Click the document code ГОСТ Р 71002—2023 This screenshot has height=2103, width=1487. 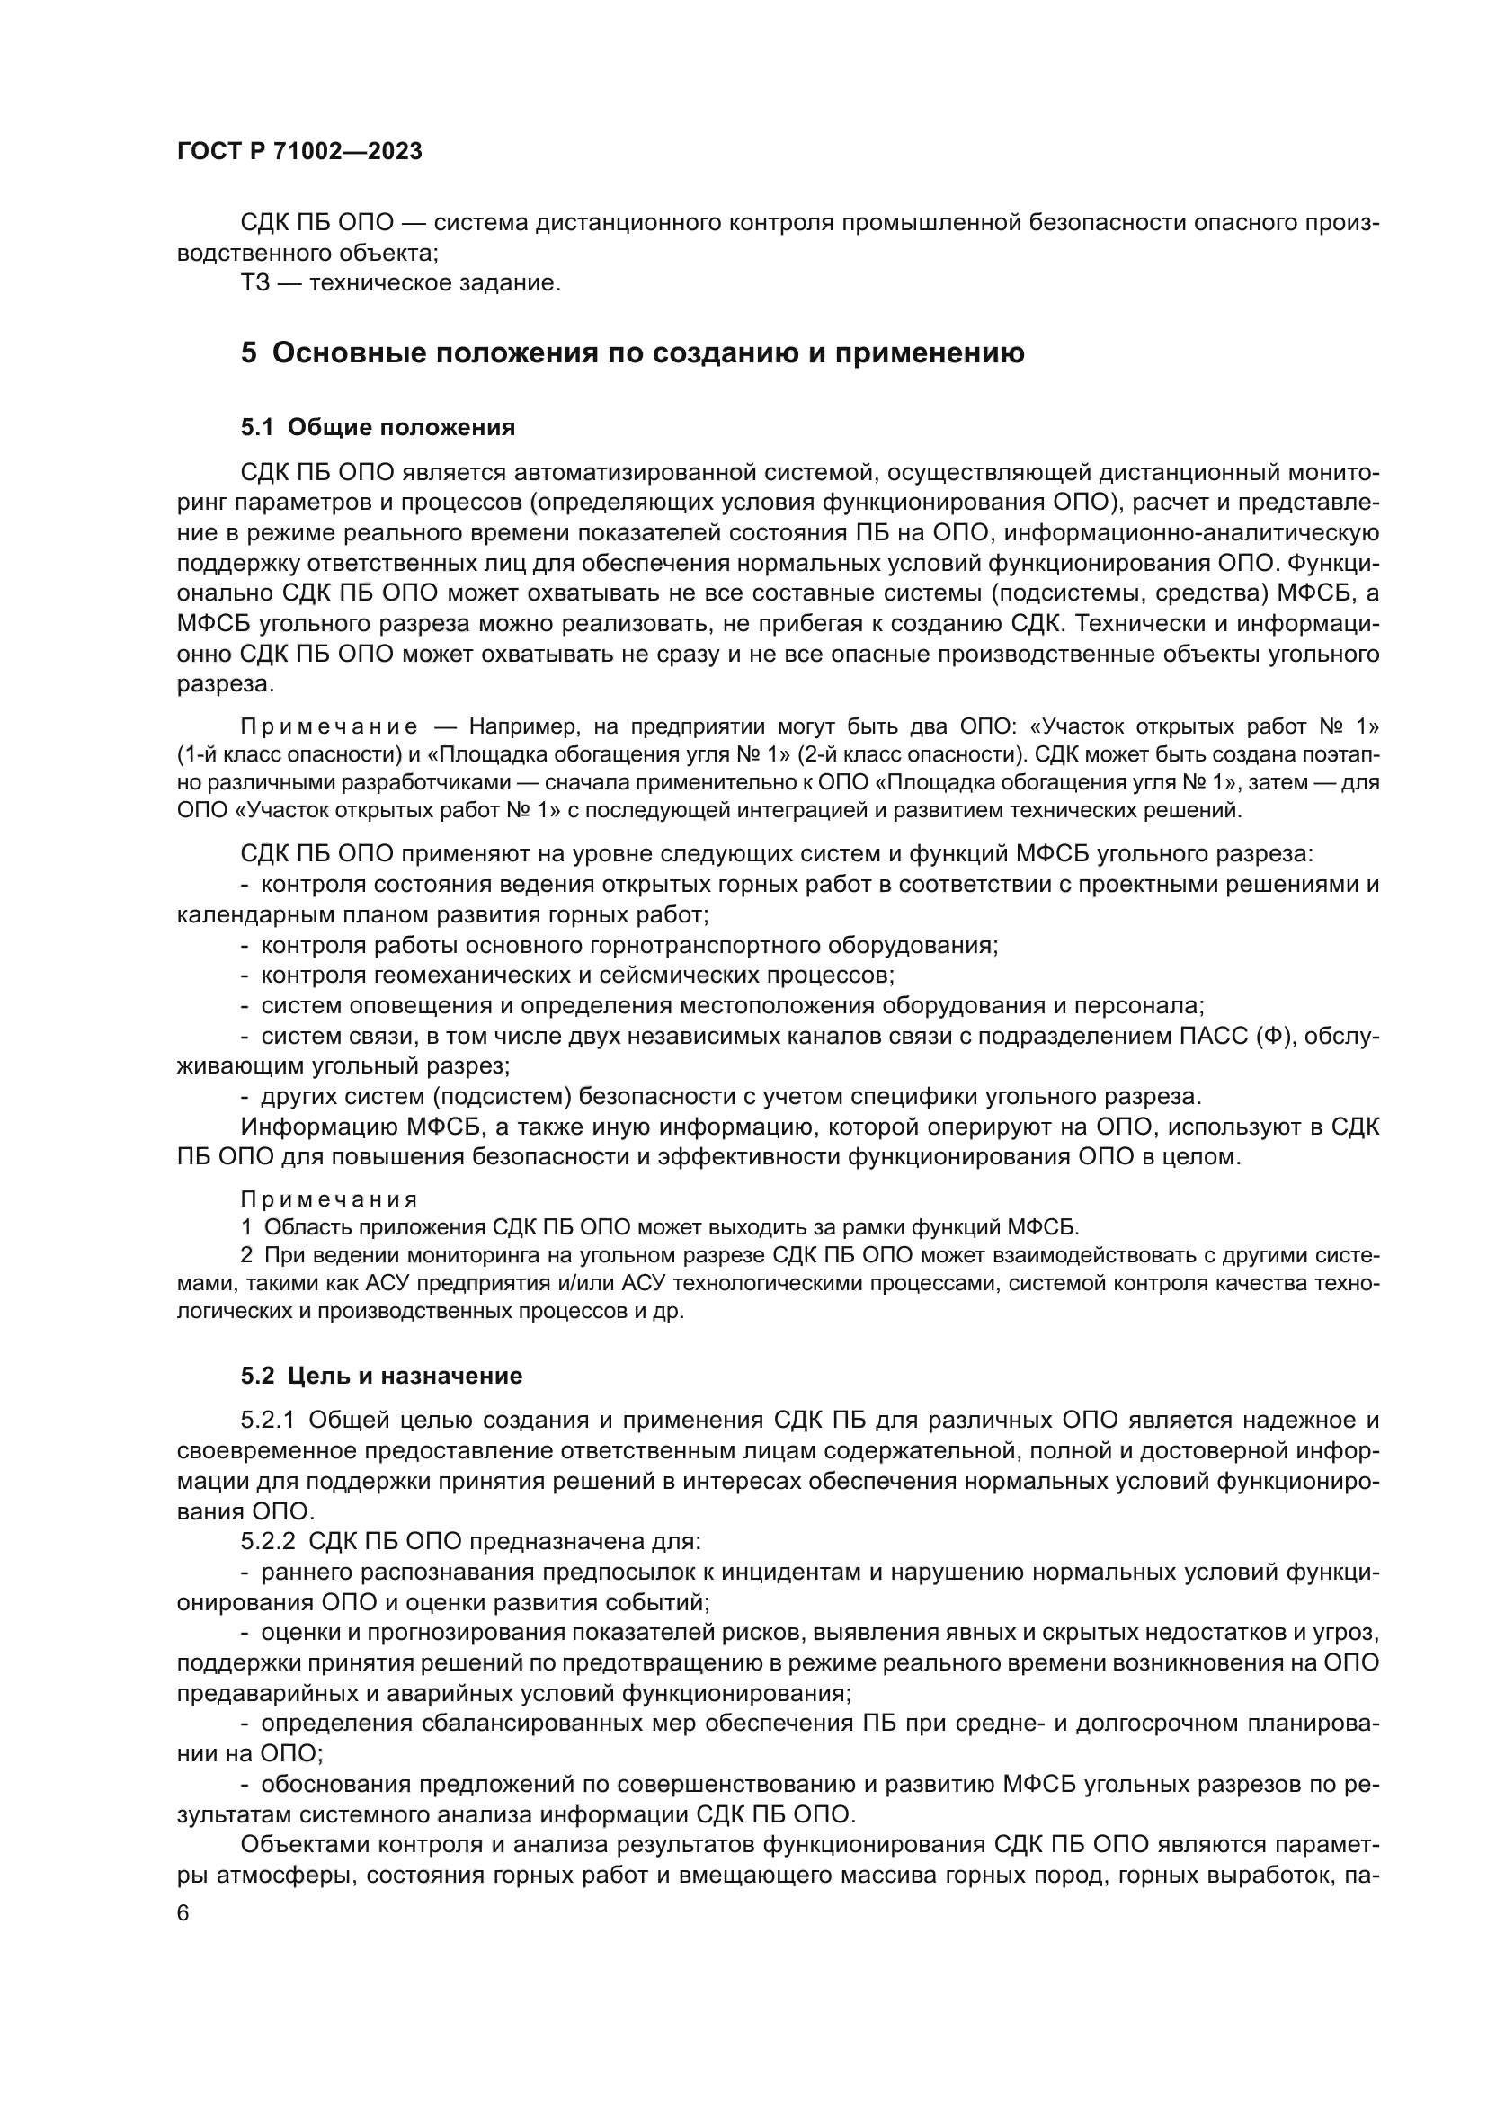(x=299, y=152)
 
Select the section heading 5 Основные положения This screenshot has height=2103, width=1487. (x=632, y=353)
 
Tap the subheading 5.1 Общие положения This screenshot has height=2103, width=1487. (x=378, y=428)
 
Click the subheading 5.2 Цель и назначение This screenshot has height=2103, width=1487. (x=381, y=1376)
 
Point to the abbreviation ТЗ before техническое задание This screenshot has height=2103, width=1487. (x=255, y=283)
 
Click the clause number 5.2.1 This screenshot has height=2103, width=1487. (x=267, y=1421)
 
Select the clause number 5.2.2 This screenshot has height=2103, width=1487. (x=267, y=1542)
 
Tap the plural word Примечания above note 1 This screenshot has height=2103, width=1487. (x=329, y=1200)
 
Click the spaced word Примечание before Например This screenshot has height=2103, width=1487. (x=329, y=727)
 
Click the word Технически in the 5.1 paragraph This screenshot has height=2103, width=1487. (x=1153, y=625)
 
